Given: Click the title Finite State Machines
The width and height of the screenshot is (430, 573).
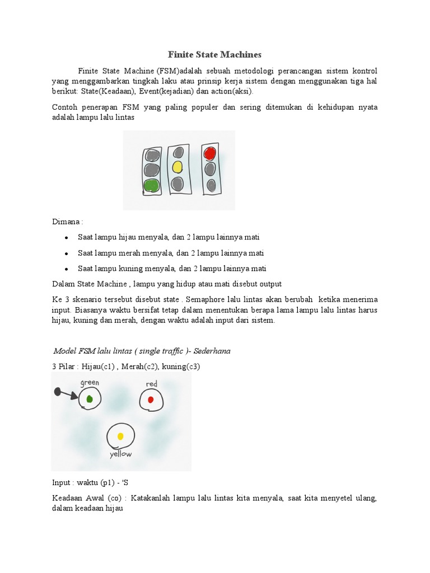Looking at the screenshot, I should click(215, 55).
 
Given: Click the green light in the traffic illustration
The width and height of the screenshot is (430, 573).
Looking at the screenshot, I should click(151, 185).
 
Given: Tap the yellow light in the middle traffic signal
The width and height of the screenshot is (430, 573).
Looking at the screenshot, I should click(177, 166).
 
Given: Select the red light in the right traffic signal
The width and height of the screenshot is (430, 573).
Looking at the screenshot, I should click(210, 153).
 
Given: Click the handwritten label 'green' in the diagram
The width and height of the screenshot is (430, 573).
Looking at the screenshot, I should click(90, 383).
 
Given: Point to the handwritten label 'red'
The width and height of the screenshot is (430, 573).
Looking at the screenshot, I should click(151, 384).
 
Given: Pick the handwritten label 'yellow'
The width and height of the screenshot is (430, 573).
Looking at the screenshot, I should click(120, 454).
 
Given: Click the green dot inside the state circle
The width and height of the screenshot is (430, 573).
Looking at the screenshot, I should click(90, 399).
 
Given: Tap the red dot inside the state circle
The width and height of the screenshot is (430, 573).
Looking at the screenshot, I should click(151, 400).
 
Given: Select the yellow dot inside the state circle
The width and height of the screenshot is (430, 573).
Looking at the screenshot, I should click(120, 436).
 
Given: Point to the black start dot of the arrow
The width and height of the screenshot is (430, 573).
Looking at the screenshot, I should click(57, 392).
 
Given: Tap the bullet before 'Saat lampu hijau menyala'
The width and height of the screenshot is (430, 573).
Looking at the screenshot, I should click(67, 238).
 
